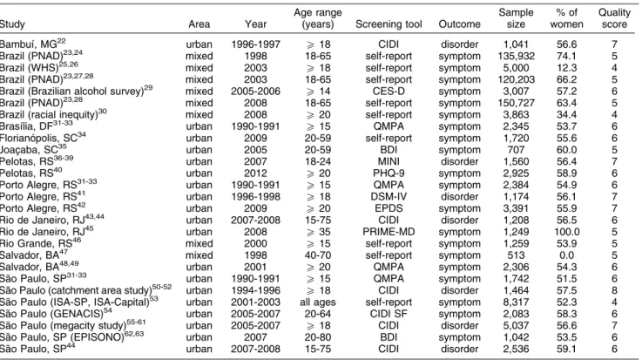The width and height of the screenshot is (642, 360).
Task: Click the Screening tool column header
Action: [x=389, y=24]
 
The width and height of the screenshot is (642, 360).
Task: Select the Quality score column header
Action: [x=614, y=18]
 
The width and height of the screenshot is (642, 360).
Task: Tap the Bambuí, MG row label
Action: [x=33, y=44]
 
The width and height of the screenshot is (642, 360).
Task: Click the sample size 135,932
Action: [x=516, y=56]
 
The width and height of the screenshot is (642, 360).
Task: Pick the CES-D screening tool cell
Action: [x=389, y=91]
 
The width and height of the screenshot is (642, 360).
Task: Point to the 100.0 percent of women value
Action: [x=567, y=232]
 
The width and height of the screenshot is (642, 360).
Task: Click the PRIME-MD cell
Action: [x=389, y=232]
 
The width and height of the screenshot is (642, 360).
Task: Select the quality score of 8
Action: [x=614, y=290]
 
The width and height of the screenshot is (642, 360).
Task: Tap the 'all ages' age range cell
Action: [x=318, y=302]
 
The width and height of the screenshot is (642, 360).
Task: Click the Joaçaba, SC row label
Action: [x=33, y=149]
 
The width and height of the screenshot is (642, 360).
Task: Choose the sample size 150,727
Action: [x=516, y=103]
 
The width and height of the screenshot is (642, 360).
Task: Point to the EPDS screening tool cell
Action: [x=389, y=208]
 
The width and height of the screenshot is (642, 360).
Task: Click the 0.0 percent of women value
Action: [x=567, y=255]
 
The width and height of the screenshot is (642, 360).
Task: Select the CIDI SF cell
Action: [x=389, y=314]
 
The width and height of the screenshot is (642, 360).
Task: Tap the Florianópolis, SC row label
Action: [x=43, y=137]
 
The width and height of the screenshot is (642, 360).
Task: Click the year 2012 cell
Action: [x=255, y=173]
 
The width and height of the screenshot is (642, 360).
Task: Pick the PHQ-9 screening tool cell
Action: [x=389, y=173]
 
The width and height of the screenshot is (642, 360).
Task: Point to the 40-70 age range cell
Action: [x=318, y=255]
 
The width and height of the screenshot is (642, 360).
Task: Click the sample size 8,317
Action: [x=516, y=302]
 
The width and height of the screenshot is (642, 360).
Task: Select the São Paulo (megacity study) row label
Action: [x=73, y=325]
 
